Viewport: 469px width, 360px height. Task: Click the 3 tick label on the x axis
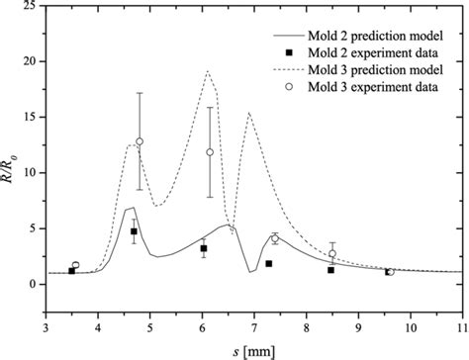45,321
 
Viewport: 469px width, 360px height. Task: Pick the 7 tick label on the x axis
254,321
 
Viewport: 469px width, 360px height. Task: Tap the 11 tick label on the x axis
462,321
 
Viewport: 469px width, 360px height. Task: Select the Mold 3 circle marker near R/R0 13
140,141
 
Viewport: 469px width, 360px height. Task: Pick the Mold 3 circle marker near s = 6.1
210,152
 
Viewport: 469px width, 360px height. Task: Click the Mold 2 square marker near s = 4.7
134,231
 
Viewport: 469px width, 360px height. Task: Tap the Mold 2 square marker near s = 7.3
269,263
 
